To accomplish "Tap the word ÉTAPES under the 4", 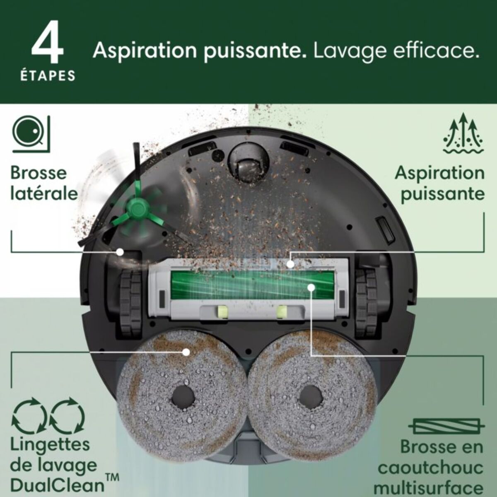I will [48, 76].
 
